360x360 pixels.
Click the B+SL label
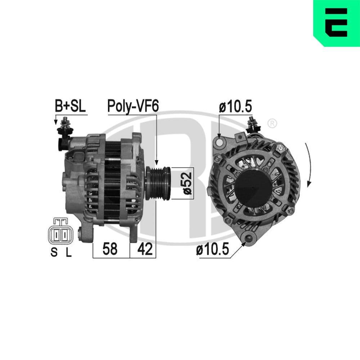[71, 107]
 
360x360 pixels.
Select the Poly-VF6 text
[133, 107]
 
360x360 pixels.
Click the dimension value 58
[110, 249]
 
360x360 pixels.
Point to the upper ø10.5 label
[235, 107]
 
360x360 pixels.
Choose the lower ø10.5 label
[212, 250]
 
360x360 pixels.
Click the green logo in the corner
[337, 23]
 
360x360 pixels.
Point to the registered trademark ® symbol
[273, 124]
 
